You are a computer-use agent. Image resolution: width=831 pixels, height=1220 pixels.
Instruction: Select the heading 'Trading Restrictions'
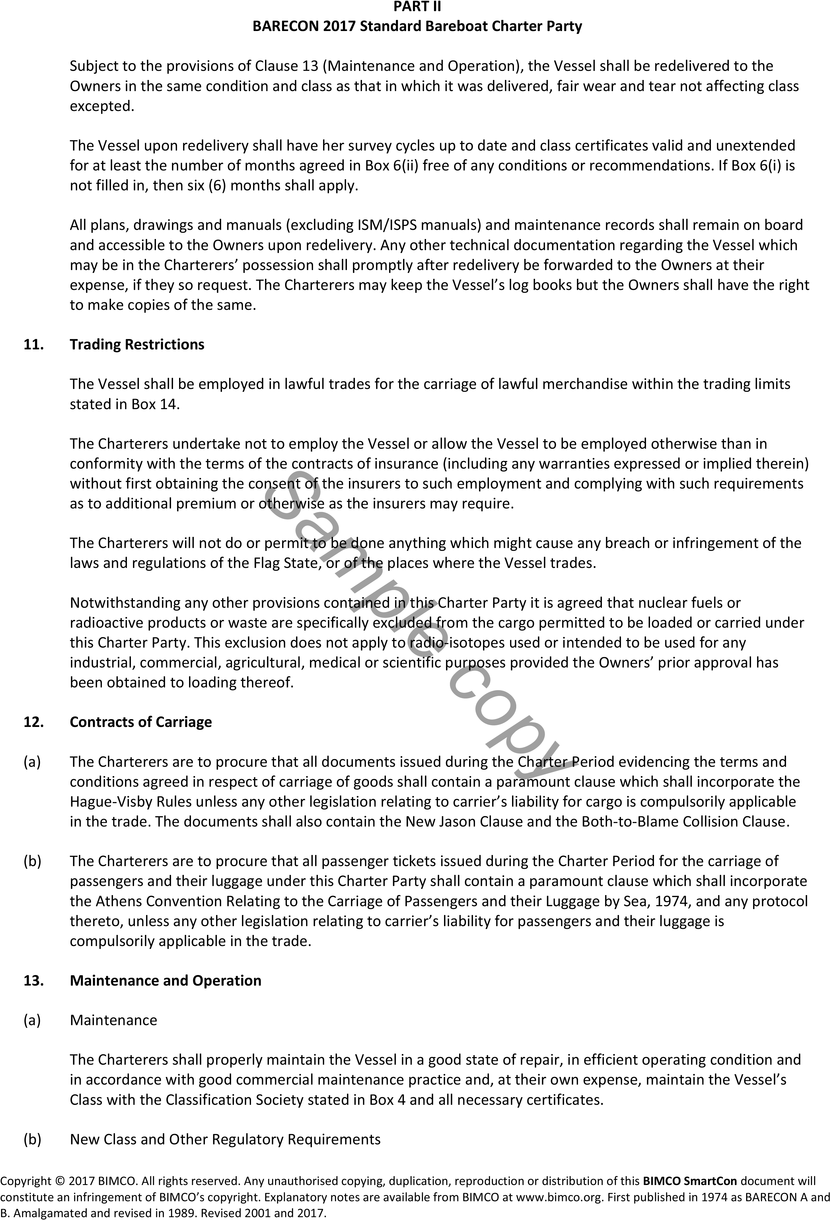click(137, 344)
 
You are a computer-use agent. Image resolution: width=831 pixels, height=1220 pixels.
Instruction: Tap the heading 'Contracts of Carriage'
click(141, 722)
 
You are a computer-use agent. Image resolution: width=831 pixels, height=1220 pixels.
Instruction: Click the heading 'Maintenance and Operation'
click(165, 981)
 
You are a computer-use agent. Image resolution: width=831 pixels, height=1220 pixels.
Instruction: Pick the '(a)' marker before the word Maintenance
click(32, 1020)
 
